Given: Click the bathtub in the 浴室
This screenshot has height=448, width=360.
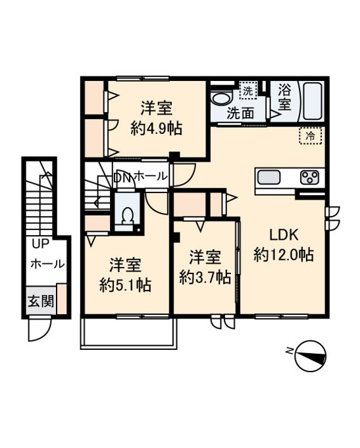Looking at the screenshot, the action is (313, 101).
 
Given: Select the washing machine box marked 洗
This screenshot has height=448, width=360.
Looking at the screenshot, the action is (248, 90).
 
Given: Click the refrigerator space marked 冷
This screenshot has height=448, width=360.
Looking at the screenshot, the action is (311, 136).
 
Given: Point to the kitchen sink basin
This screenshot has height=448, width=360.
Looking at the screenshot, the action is (269, 177).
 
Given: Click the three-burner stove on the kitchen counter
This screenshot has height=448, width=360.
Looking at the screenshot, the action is (309, 177).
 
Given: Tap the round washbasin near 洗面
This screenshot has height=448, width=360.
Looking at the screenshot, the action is (220, 99).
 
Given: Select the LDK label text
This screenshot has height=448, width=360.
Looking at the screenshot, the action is (284, 235).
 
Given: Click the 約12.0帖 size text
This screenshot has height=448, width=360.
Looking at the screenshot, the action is (284, 254).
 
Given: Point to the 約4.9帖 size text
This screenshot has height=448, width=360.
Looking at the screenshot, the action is (156, 128).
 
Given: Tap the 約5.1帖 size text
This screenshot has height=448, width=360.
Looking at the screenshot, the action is (125, 285).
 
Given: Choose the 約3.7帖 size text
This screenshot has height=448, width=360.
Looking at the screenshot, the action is (205, 277).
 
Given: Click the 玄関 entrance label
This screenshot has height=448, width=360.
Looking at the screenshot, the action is (41, 301).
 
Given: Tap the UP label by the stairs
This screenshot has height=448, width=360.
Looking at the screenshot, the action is (40, 244).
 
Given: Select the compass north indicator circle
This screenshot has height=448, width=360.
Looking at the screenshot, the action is (311, 356).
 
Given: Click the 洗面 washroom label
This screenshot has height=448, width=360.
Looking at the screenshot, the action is (240, 114).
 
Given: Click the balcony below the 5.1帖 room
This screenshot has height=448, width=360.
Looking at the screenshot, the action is (129, 333).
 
